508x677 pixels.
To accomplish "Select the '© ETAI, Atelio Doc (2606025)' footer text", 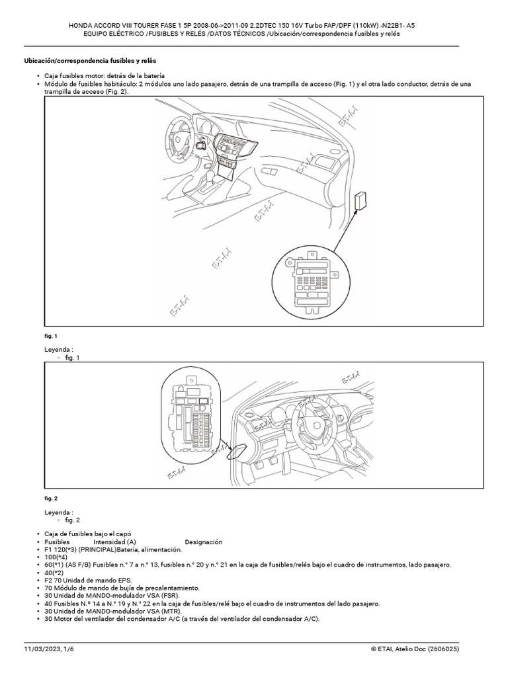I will coord(415,651).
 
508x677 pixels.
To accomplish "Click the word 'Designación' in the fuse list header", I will coord(204,542).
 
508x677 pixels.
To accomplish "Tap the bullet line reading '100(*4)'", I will coord(57,557).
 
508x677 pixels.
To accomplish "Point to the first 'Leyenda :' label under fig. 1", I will coord(59,349).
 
